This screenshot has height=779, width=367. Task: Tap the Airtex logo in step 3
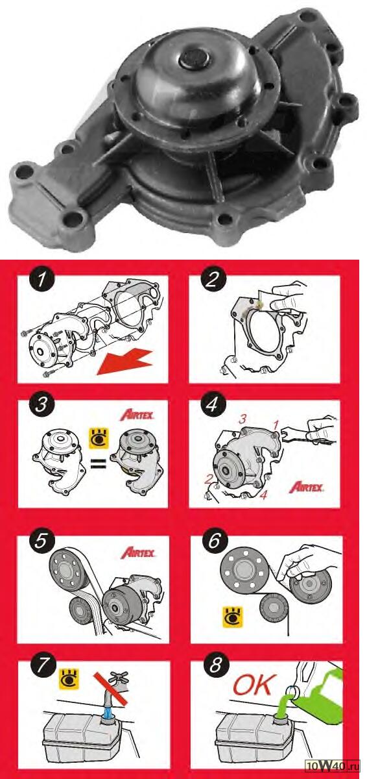pos(137,415)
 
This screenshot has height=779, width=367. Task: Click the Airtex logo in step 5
pos(137,552)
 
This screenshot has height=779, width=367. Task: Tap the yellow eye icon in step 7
pos(69,678)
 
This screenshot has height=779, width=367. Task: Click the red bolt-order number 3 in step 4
pos(243,419)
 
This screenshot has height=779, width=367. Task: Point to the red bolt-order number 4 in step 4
pos(263,495)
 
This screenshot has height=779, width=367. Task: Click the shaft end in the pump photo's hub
pos(194,59)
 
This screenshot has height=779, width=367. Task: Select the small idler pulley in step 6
pos(274,607)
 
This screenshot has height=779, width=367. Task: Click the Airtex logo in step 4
pos(306,486)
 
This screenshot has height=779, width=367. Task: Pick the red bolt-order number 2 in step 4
pos(208,480)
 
